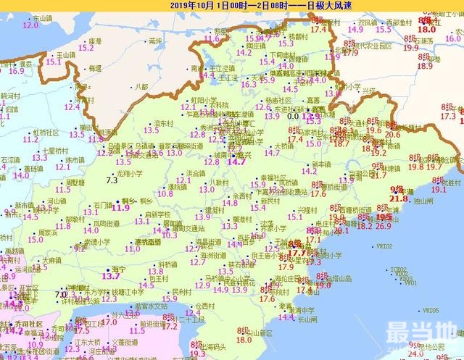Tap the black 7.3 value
tap(112, 179)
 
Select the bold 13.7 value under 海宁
tap(110, 276)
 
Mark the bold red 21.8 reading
tap(399, 198)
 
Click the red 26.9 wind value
tap(383, 225)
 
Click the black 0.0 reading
tap(293, 115)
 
